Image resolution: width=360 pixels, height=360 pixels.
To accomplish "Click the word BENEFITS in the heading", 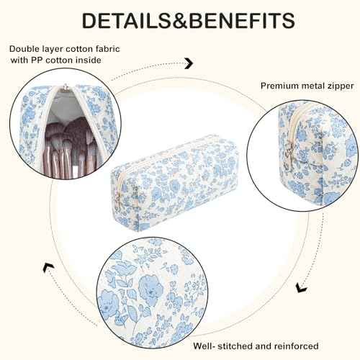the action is (242, 21).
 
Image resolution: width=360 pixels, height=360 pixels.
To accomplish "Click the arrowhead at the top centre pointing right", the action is (189, 63).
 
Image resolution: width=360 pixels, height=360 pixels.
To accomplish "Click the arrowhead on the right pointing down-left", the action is (301, 287).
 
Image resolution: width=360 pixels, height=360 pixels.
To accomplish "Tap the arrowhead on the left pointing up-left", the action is (48, 268).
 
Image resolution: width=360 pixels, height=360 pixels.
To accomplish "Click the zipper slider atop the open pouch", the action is (65, 88).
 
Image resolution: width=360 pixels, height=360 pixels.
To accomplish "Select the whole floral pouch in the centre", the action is (174, 183).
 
